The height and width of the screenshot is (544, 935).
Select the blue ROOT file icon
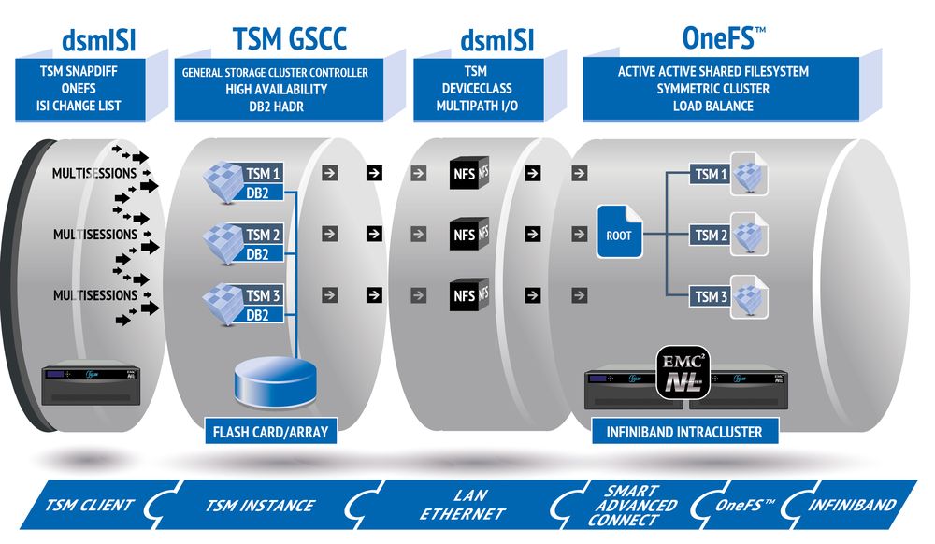click(618, 232)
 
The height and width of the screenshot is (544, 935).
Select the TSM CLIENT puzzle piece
click(90, 506)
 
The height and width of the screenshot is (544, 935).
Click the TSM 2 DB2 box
click(262, 243)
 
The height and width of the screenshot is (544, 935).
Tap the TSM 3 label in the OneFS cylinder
click(711, 297)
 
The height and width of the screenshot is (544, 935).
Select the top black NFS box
click(465, 174)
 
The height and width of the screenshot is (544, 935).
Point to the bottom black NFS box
click(465, 295)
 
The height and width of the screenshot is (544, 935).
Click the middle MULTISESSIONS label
click(95, 234)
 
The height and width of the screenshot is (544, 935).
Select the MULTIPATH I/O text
click(475, 106)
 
